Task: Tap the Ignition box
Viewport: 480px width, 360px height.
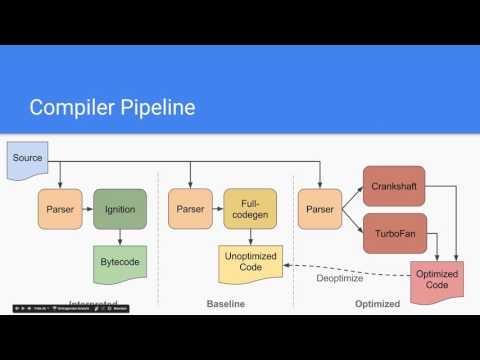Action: [x=119, y=210]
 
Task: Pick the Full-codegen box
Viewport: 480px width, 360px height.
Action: [x=250, y=210]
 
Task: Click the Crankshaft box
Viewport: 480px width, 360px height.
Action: [x=394, y=185]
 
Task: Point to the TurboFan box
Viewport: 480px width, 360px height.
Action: [x=394, y=233]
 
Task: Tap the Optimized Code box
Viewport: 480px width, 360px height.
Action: [x=437, y=282]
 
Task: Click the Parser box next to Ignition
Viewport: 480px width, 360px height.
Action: [x=60, y=210]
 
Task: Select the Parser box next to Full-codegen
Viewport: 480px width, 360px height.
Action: [x=191, y=210]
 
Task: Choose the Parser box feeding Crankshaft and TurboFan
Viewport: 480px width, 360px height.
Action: [x=319, y=210]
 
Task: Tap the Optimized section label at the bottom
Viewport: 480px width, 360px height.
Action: [x=378, y=303]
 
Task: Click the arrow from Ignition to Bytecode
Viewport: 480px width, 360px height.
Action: [x=119, y=239]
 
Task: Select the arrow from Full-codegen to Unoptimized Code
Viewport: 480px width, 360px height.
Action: [x=250, y=239]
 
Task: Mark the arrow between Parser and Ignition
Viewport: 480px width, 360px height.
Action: [x=88, y=210]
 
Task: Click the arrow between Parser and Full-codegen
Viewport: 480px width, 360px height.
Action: [x=219, y=210]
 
